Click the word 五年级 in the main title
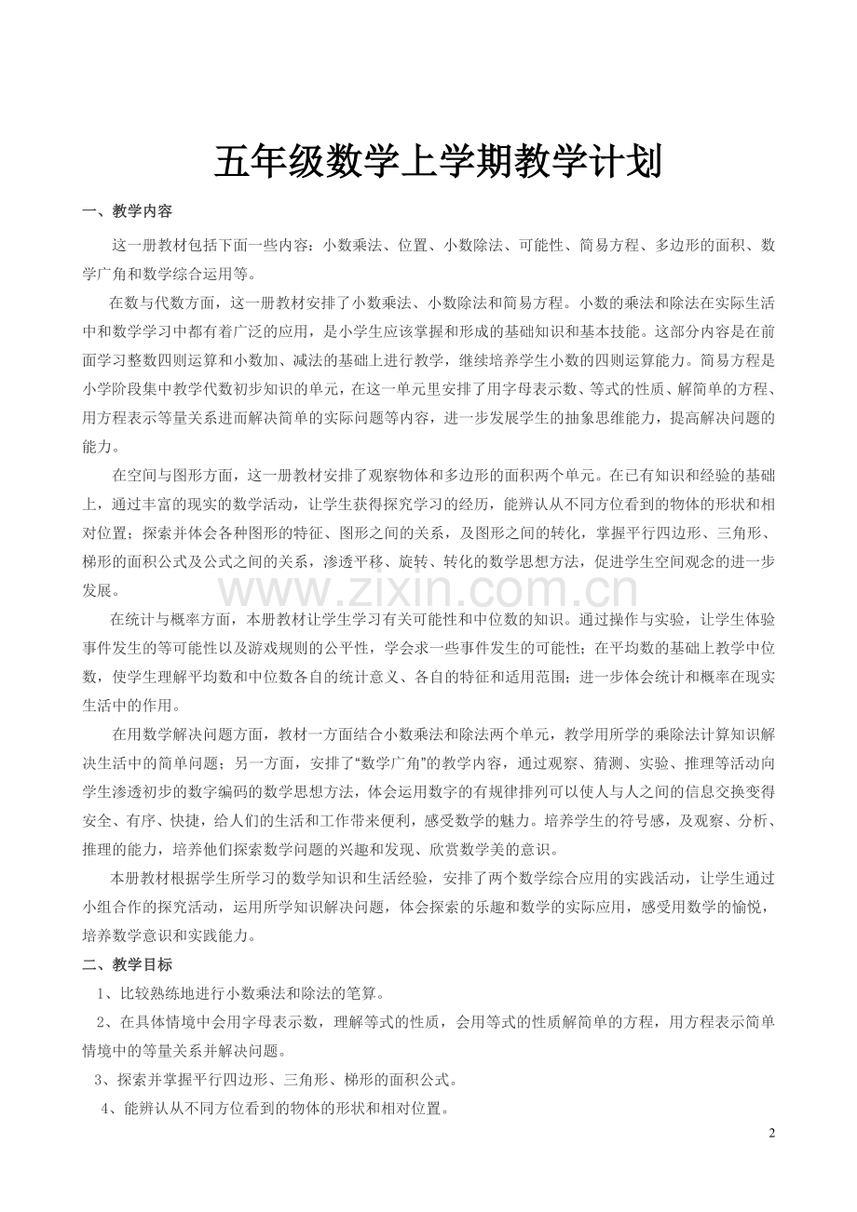click(x=269, y=163)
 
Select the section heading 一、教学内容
click(x=128, y=212)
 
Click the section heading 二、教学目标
click(x=128, y=964)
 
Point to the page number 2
click(x=771, y=1133)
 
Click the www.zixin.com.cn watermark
click(x=428, y=590)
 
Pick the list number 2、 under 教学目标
click(x=104, y=1022)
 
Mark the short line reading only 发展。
click(x=101, y=590)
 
